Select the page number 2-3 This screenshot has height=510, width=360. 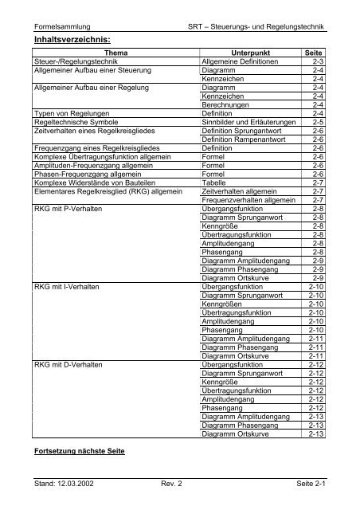tap(317, 61)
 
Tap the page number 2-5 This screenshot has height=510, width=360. tap(317, 124)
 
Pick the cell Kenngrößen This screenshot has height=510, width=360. tap(225, 304)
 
